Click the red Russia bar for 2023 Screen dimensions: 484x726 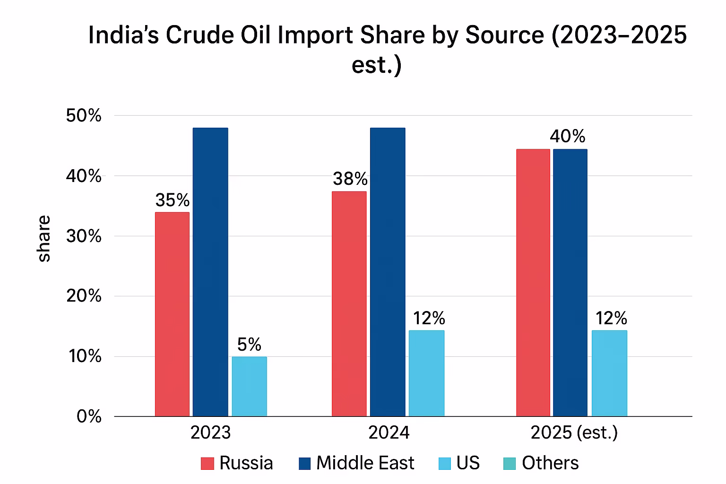pyautogui.click(x=172, y=314)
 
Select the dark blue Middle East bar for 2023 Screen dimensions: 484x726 pyautogui.click(x=210, y=272)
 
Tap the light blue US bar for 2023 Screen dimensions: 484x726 pyautogui.click(x=249, y=387)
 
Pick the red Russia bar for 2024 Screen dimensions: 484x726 pyautogui.click(x=349, y=304)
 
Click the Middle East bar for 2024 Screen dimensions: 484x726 pyautogui.click(x=388, y=272)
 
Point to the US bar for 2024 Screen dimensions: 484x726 pyautogui.click(x=426, y=373)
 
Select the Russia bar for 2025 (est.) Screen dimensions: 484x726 pyautogui.click(x=533, y=283)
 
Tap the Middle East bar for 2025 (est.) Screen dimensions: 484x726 pyautogui.click(x=570, y=283)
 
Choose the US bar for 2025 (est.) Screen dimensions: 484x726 pyautogui.click(x=609, y=373)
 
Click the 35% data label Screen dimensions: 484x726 pyautogui.click(x=173, y=200)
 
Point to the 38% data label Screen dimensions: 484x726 pyautogui.click(x=350, y=179)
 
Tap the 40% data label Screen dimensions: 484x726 pyautogui.click(x=567, y=137)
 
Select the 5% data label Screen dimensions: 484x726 pyautogui.click(x=249, y=345)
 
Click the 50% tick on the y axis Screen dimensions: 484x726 pyautogui.click(x=84, y=116)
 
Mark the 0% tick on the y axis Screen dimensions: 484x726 pyautogui.click(x=89, y=416)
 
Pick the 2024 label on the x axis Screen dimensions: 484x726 pyautogui.click(x=389, y=432)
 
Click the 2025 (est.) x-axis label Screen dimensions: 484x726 pyautogui.click(x=574, y=432)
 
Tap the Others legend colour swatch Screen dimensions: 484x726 pyautogui.click(x=510, y=464)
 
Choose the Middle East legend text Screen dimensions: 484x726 pyautogui.click(x=365, y=463)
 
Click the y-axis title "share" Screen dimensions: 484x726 pyautogui.click(x=44, y=238)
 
